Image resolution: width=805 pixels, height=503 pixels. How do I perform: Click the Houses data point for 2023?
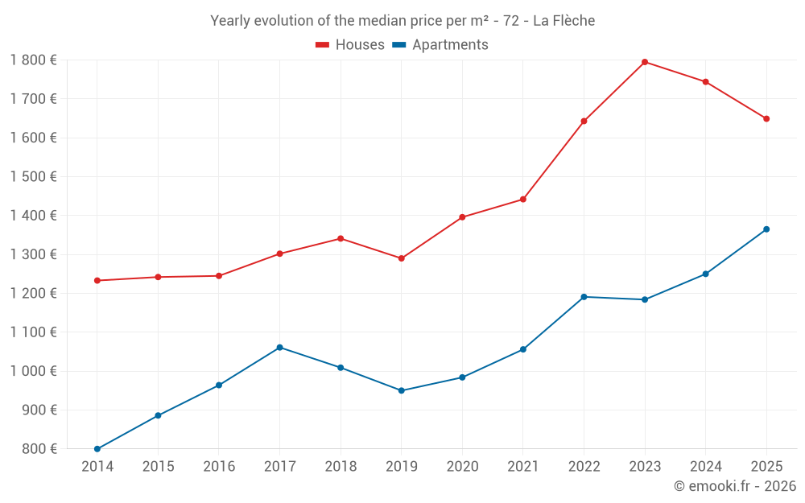coord(645,62)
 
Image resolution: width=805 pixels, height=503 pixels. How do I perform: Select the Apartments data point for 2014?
coord(97,449)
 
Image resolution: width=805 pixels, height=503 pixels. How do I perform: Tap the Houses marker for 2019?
coord(402,258)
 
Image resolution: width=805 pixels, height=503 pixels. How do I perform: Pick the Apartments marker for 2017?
coord(279,348)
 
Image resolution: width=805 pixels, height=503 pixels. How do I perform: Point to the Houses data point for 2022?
coord(584,122)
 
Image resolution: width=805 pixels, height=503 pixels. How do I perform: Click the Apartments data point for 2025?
coord(766,229)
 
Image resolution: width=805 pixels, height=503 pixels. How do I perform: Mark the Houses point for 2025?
coord(766,119)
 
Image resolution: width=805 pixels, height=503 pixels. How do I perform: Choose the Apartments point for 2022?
coord(584,297)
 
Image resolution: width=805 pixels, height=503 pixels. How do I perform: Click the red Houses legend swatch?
coord(323,45)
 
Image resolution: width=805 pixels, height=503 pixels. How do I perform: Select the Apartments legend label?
coord(450,45)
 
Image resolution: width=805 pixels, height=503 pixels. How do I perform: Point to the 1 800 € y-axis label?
coord(34,60)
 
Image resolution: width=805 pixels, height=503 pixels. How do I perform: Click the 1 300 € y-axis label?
coord(34,254)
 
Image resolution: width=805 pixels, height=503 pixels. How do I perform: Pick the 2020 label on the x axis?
coord(462,467)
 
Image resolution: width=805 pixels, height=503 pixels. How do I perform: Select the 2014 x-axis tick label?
coord(97,467)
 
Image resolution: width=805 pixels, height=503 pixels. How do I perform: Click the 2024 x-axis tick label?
coord(705,467)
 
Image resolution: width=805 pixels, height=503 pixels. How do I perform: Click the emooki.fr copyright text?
coord(735,486)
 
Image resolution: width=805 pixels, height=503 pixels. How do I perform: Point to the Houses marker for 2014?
coord(97,281)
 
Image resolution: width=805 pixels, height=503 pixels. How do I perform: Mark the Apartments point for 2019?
coord(402,391)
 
